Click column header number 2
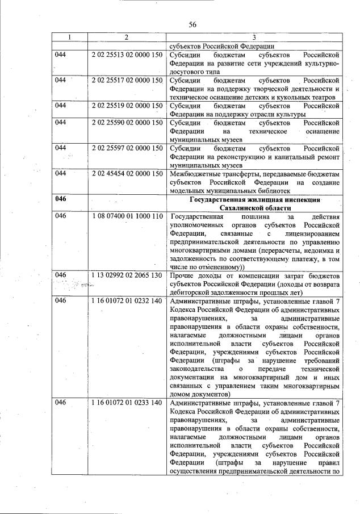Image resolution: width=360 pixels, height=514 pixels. click(126, 37)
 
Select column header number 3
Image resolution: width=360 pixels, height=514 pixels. click(254, 37)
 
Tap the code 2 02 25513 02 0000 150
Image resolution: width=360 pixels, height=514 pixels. click(127, 55)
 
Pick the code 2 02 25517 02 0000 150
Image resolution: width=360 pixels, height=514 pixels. click(127, 81)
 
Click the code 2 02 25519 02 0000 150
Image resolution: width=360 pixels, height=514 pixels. click(127, 106)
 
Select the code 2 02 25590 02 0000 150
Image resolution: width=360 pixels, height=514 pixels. click(127, 122)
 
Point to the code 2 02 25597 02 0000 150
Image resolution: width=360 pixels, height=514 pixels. click(127, 148)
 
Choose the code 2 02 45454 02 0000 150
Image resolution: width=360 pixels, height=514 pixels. click(127, 173)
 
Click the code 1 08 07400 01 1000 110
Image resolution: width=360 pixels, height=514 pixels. click(127, 216)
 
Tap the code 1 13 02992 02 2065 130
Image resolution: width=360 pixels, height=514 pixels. click(127, 275)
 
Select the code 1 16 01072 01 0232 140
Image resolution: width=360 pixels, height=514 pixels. click(127, 301)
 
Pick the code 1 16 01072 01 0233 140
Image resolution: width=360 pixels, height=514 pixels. click(127, 403)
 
